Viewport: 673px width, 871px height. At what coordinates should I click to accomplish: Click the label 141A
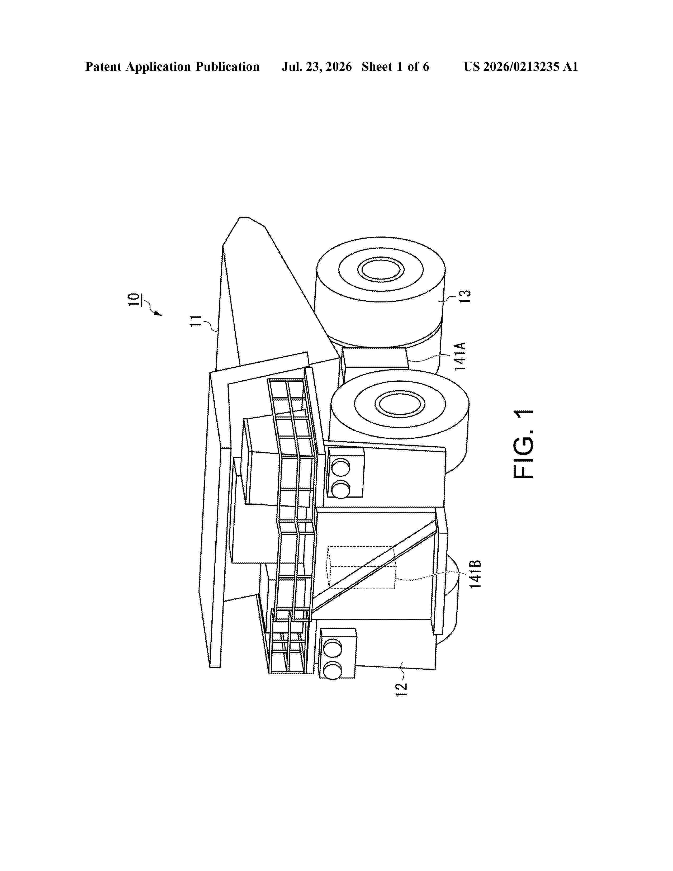[x=460, y=356]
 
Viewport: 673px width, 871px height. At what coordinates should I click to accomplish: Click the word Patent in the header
[x=103, y=67]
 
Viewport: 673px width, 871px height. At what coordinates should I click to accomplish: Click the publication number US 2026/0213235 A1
[x=521, y=67]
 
